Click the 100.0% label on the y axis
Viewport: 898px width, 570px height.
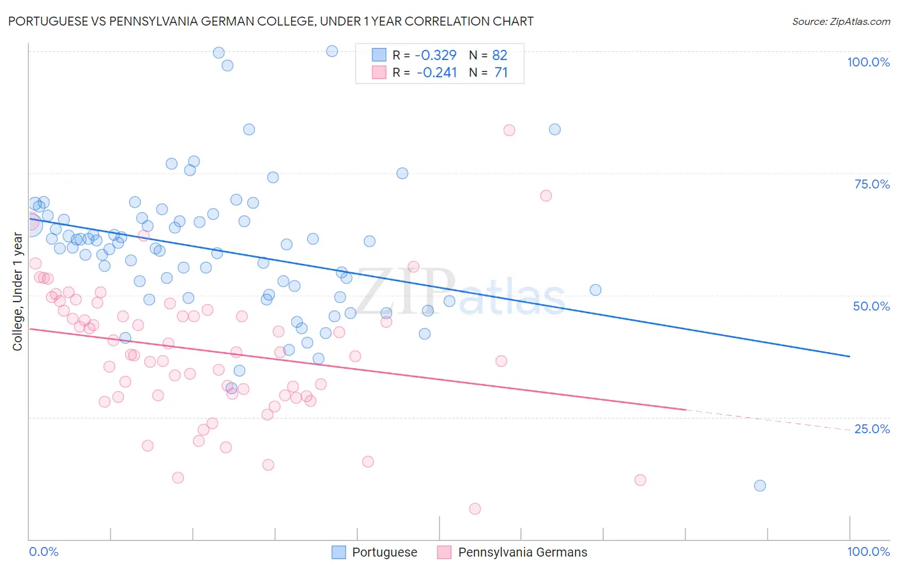click(868, 62)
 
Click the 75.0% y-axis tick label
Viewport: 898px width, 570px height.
click(872, 184)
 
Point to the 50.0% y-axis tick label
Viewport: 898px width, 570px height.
click(871, 306)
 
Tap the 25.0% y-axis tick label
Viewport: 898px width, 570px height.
click(872, 429)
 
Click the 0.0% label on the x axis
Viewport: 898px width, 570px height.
click(43, 551)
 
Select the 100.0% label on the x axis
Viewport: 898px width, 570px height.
click(868, 551)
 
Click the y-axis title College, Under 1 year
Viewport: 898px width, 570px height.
click(18, 292)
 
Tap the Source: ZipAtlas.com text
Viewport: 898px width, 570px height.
click(841, 21)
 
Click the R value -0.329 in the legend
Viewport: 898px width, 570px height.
click(436, 55)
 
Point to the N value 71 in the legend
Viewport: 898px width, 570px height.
click(501, 72)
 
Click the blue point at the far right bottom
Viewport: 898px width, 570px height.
click(759, 486)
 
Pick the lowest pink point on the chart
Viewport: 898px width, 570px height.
click(475, 509)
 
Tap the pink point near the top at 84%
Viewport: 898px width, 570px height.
click(509, 130)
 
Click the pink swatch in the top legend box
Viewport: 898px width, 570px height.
click(379, 72)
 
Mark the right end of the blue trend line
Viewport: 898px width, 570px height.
click(849, 356)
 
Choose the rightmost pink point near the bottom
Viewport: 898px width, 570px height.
click(640, 480)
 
